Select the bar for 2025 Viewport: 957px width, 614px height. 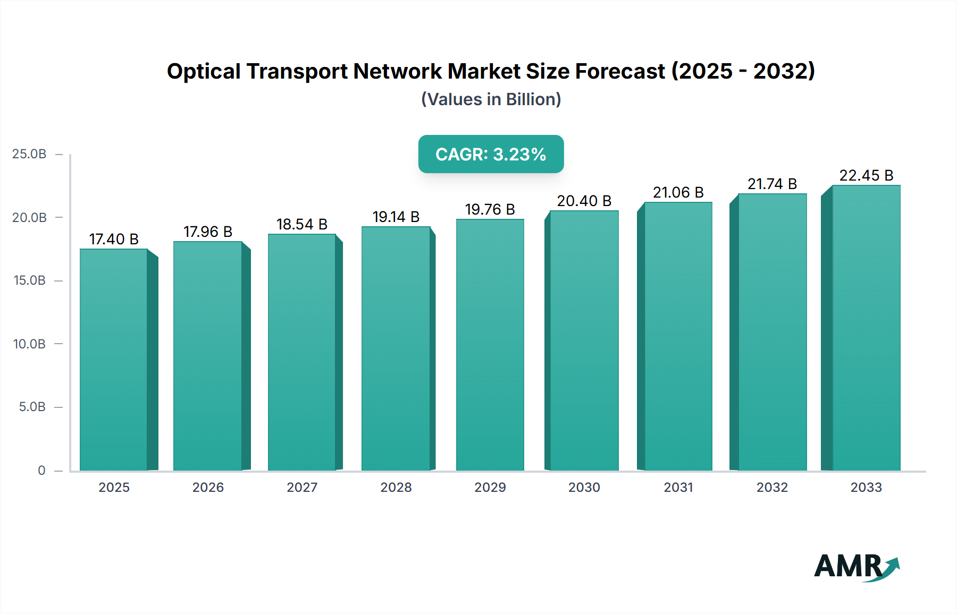click(114, 360)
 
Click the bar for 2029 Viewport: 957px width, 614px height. click(490, 345)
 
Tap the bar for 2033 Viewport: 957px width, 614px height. click(866, 328)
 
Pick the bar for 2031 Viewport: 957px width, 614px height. click(678, 336)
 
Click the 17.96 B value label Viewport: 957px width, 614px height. click(208, 232)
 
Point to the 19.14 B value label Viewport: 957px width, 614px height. click(396, 217)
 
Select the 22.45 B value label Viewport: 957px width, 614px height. click(866, 175)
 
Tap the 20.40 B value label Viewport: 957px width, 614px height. click(584, 201)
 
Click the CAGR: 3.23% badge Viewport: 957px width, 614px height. click(491, 154)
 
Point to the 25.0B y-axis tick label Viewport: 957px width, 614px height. click(29, 154)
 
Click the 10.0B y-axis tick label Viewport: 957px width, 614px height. click(29, 344)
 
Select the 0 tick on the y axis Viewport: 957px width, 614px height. click(41, 471)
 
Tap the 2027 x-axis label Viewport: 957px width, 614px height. click(302, 487)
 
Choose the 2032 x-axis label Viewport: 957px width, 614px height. click(772, 487)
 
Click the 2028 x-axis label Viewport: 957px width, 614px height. click(396, 487)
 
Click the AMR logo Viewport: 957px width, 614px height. click(857, 567)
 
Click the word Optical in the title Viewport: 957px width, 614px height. click(204, 72)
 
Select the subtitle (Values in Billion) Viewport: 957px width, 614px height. click(491, 99)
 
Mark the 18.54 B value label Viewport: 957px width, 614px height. click(302, 224)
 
